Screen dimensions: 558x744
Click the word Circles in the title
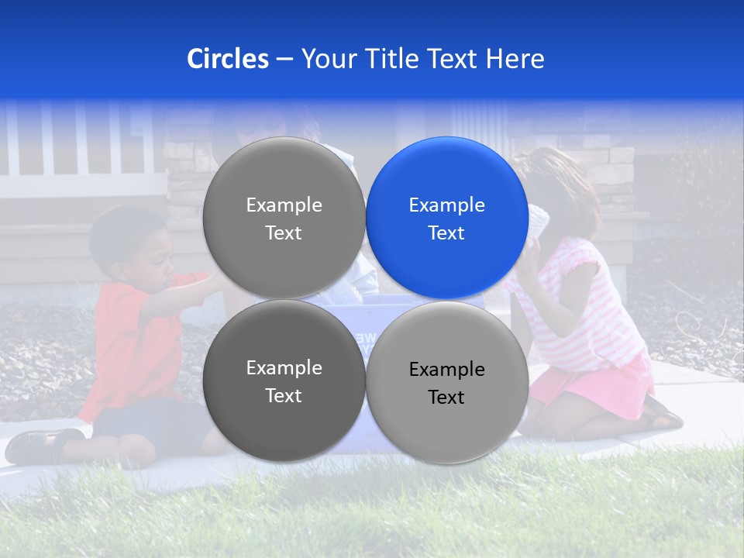click(227, 59)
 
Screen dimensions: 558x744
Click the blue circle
click(447, 218)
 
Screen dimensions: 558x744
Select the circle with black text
click(447, 382)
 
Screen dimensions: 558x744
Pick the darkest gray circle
click(284, 381)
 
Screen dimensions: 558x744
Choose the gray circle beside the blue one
click(284, 218)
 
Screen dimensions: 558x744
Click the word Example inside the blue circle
click(446, 205)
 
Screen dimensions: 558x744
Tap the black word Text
click(446, 398)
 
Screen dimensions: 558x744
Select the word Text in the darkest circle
click(284, 395)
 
